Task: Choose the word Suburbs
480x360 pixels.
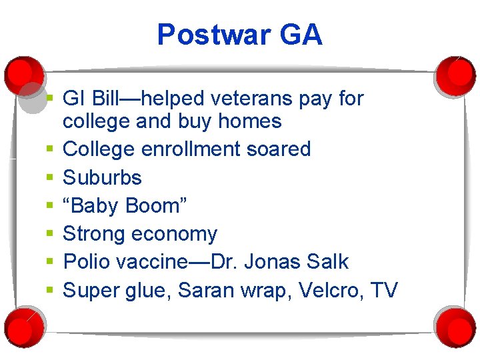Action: [x=102, y=177]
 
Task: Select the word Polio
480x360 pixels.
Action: [x=87, y=262]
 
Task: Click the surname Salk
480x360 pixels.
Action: [x=328, y=262]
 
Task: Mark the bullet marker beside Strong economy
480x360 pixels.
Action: [x=50, y=234]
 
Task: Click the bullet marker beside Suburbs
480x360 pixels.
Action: [x=50, y=177]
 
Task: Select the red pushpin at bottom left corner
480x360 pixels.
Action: [x=21, y=325]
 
